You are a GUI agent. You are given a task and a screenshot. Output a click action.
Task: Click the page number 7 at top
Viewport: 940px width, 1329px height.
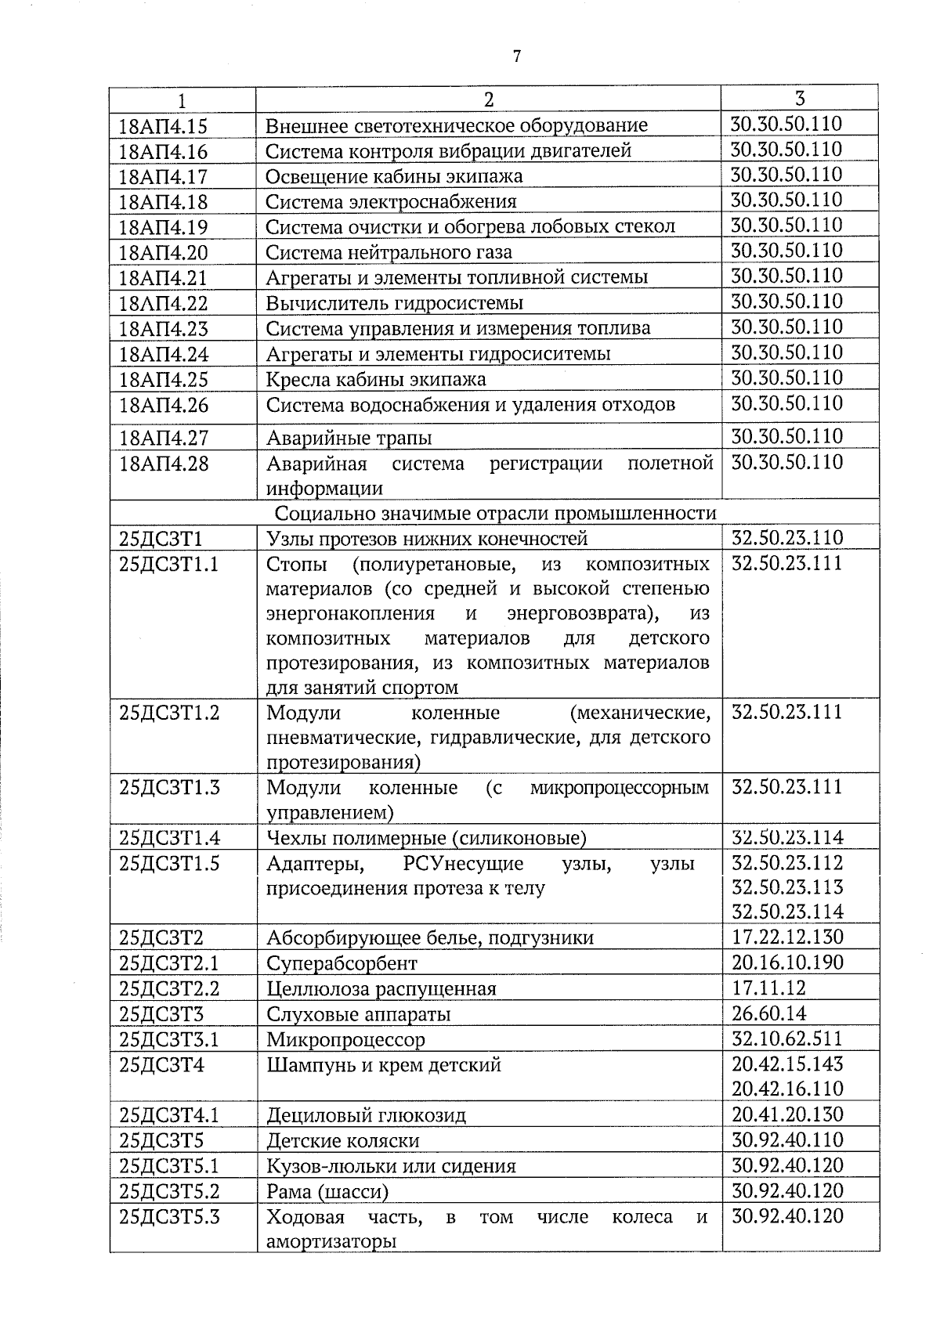(515, 56)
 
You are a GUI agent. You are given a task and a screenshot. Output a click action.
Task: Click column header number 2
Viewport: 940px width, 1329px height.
(488, 99)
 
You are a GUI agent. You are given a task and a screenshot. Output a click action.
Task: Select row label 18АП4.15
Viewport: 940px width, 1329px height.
(163, 125)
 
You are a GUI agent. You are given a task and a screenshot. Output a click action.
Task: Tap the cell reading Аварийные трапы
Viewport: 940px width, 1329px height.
(349, 438)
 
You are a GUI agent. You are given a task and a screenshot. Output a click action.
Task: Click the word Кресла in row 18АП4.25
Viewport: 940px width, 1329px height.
(298, 380)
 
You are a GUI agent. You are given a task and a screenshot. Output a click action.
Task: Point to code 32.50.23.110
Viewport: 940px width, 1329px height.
(786, 538)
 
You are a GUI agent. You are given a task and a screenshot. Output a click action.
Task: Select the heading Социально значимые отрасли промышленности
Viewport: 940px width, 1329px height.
(496, 513)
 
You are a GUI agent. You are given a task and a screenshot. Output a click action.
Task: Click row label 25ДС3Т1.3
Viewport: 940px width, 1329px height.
(169, 788)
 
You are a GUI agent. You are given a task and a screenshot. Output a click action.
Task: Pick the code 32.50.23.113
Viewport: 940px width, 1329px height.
(786, 887)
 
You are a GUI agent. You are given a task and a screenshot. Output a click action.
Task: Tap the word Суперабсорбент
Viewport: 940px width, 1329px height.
(342, 963)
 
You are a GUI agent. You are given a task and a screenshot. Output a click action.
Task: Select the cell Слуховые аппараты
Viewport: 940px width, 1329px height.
(358, 1014)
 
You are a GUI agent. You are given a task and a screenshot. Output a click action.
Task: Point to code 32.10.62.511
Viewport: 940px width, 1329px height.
(786, 1038)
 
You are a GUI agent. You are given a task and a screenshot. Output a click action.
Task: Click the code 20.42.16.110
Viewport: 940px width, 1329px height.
(786, 1089)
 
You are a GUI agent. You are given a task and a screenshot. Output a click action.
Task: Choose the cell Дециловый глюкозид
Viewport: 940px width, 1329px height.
(366, 1115)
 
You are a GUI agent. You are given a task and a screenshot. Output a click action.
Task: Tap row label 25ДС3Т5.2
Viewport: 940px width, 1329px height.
(169, 1191)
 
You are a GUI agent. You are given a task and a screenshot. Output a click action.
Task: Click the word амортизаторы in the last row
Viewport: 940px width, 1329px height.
(331, 1241)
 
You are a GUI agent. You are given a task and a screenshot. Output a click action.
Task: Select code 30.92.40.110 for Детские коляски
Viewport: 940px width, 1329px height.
(786, 1139)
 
